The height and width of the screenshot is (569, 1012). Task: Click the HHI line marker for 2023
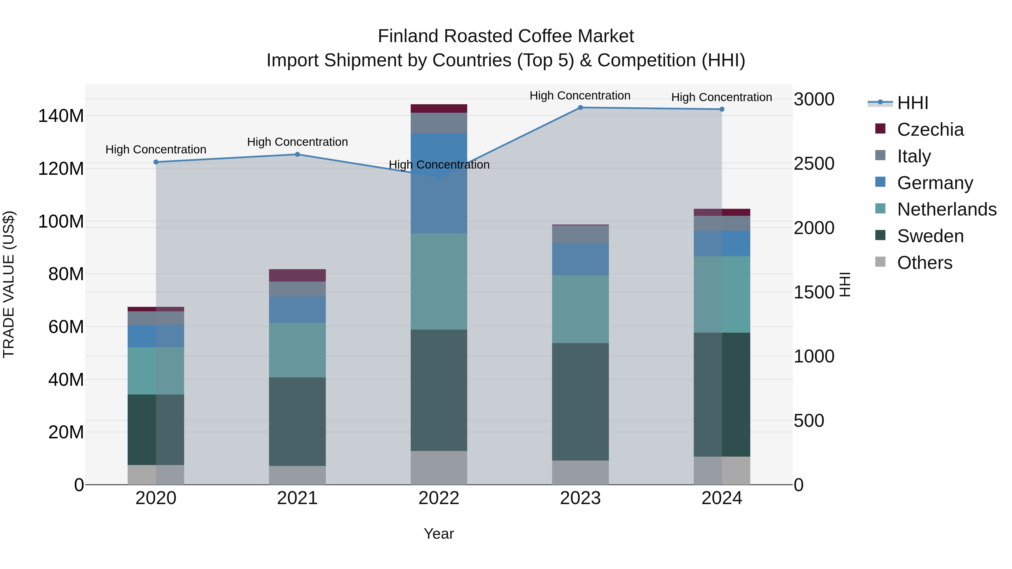point(580,108)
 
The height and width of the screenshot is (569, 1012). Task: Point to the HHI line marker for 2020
point(156,162)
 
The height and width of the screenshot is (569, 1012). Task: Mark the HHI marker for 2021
point(297,154)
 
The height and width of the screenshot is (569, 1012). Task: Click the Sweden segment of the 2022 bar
point(439,390)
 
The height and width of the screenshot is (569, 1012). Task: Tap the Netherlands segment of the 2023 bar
point(580,309)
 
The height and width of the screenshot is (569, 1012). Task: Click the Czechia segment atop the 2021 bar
point(297,275)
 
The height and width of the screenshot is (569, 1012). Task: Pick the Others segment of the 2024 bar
point(722,470)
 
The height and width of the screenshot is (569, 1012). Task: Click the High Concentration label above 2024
point(721,98)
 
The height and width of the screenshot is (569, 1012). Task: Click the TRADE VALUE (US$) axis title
point(9,284)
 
